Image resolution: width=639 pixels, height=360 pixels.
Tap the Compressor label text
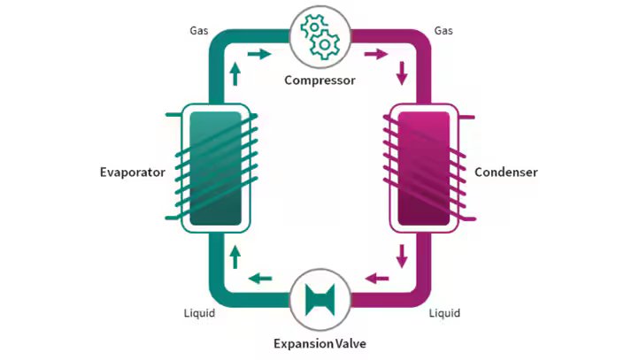pos(319,80)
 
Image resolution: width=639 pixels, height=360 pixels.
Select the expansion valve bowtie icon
pos(319,298)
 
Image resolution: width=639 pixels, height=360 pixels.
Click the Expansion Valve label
pos(319,343)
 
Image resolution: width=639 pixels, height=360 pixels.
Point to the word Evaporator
pos(133,172)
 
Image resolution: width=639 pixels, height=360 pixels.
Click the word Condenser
pos(506,172)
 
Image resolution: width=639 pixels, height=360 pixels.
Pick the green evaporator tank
pos(216,167)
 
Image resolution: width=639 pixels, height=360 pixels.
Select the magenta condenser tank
pos(424,167)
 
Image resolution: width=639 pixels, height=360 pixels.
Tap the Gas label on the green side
pos(199,31)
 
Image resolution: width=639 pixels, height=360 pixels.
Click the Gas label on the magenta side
pos(444,31)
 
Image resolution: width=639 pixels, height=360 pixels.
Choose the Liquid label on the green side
pos(199,313)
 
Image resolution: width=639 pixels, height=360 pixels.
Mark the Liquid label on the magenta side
pos(444,313)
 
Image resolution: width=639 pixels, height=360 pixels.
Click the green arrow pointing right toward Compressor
pos(259,54)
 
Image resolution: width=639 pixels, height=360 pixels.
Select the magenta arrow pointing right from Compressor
pos(376,54)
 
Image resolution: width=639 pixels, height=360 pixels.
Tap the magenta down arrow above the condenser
pos(402,73)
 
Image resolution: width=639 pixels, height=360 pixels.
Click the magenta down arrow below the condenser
pos(402,257)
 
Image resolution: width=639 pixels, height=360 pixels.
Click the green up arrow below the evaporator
pos(235,257)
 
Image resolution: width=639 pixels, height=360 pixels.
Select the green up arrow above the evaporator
pos(235,73)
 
